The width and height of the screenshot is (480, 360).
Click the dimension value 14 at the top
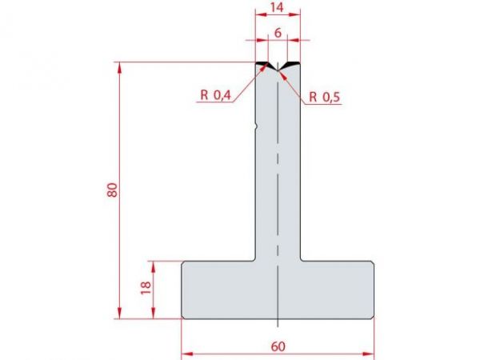coord(278,7)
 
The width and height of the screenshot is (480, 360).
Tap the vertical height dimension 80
coord(113,190)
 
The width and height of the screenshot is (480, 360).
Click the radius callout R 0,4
coord(215,96)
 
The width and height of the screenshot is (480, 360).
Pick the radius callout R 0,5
coord(326,97)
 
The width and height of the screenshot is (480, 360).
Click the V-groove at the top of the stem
coord(278,70)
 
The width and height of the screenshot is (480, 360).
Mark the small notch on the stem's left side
coord(255,125)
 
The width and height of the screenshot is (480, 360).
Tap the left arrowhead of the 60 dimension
coord(185,352)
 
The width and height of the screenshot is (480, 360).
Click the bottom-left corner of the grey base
coord(182,318)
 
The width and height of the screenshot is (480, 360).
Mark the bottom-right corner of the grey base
coord(374,318)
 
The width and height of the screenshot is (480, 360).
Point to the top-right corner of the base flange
coord(374,262)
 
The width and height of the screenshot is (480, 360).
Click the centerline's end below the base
coord(278,326)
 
